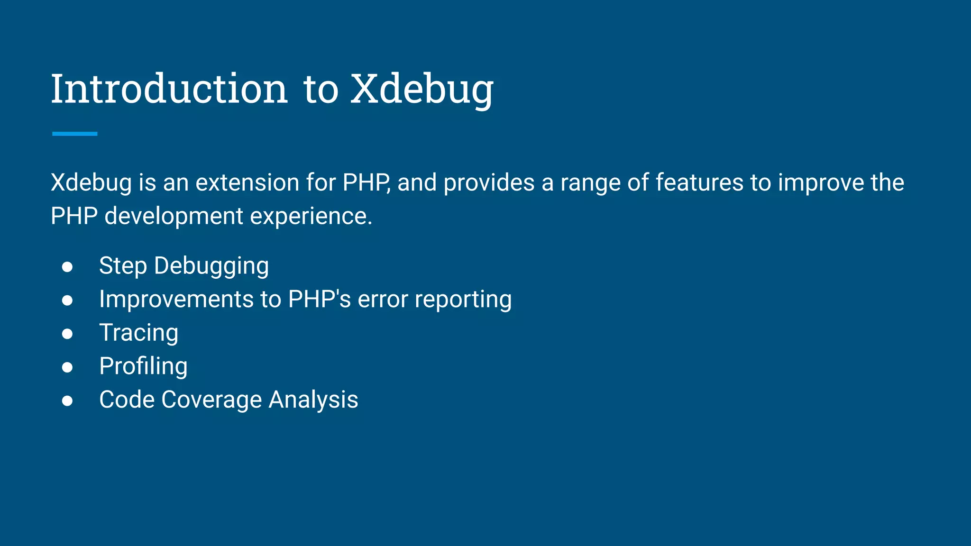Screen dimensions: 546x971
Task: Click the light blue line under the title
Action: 74,134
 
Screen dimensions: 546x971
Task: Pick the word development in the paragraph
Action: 174,216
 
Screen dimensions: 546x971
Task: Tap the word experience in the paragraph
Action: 311,216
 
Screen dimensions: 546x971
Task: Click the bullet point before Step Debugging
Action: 67,266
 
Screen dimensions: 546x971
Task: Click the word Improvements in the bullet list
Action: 176,300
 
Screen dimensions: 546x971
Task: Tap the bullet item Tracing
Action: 138,333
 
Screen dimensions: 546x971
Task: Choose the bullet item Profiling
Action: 143,366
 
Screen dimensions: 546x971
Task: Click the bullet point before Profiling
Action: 67,367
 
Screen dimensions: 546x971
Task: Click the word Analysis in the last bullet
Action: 313,400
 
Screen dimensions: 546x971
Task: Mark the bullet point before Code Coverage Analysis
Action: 67,400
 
